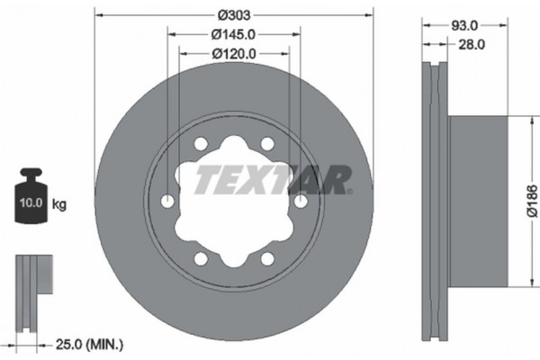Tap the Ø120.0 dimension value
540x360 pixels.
pyautogui.click(x=233, y=53)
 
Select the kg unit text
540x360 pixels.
pyautogui.click(x=59, y=204)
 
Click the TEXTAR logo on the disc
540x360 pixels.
pyautogui.click(x=269, y=180)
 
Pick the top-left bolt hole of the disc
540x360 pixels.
pyautogui.click(x=200, y=146)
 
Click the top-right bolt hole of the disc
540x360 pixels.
pyautogui.click(x=267, y=146)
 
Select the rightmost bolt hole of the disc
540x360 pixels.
pyautogui.click(x=300, y=202)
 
